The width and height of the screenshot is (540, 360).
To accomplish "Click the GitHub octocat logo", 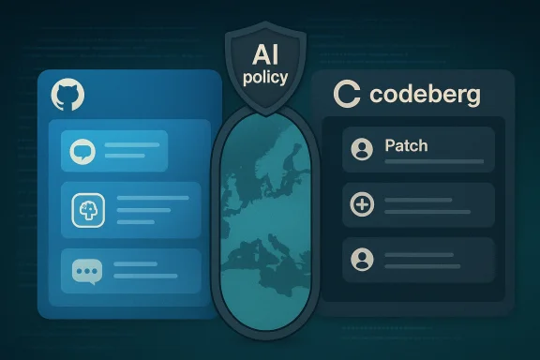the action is (x=67, y=94).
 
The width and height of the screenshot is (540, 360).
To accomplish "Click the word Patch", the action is (x=406, y=146).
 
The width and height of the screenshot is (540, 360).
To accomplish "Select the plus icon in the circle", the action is (x=361, y=203).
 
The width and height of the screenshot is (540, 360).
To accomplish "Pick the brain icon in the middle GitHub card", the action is (x=86, y=212).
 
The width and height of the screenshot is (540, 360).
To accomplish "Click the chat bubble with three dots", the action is (x=86, y=272).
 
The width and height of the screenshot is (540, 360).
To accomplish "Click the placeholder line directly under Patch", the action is (x=434, y=162).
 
